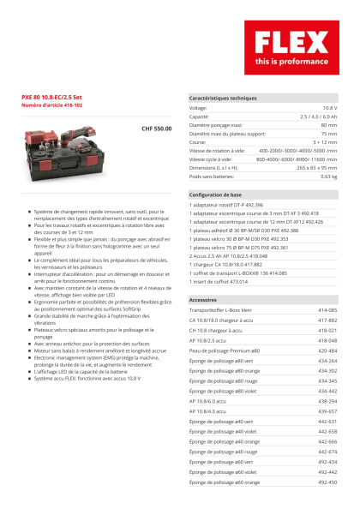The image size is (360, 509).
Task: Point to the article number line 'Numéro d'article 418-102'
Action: (x=51, y=105)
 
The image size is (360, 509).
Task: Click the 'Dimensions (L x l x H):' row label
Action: (x=219, y=167)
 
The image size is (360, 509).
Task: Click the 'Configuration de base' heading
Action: (x=215, y=195)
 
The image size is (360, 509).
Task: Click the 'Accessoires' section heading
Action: (x=203, y=300)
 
